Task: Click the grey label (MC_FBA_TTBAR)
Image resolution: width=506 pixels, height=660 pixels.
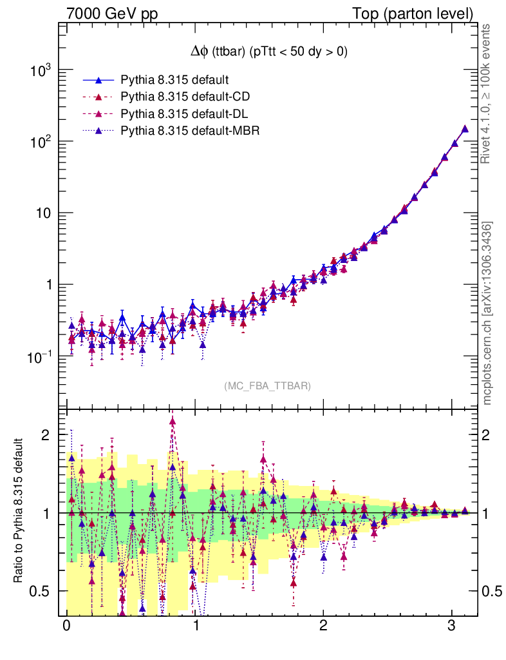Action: point(268,386)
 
